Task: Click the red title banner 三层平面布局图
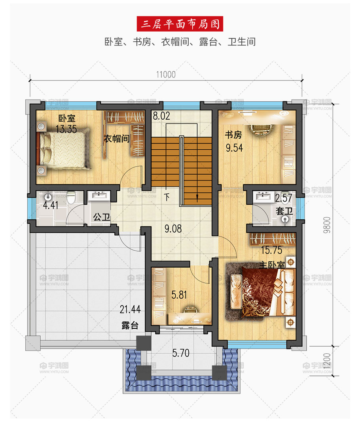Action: (180, 24)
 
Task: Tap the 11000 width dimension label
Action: (166, 74)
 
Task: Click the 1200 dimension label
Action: (327, 361)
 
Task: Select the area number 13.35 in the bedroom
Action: (66, 129)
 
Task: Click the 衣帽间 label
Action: (117, 139)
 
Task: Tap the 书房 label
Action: (233, 135)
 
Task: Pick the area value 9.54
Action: (234, 148)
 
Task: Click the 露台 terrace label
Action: (130, 325)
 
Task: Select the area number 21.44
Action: (130, 309)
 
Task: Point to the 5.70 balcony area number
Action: (181, 353)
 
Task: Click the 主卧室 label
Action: (272, 265)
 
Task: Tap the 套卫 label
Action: (284, 211)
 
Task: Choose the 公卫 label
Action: (102, 217)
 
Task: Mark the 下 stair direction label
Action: (167, 198)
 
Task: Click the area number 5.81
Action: (179, 295)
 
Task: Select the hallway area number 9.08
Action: (173, 229)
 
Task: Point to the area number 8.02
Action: (161, 116)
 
